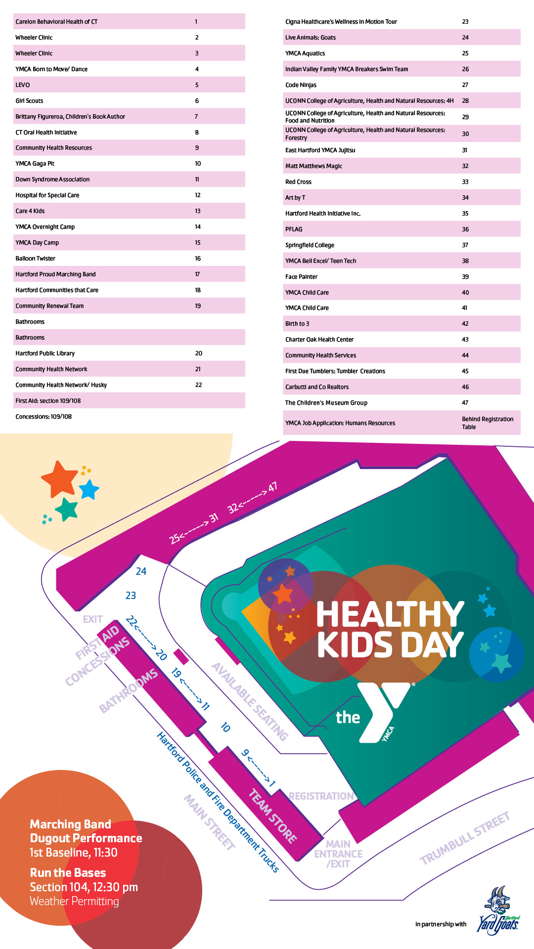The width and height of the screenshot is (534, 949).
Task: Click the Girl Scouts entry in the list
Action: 29,101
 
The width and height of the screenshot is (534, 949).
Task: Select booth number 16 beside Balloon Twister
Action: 198,259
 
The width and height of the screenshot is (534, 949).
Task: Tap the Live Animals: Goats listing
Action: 311,38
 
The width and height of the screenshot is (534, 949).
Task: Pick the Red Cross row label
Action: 298,182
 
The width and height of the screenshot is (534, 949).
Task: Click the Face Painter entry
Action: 301,277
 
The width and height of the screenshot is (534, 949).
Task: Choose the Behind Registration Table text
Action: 487,423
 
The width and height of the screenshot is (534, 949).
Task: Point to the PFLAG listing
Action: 294,229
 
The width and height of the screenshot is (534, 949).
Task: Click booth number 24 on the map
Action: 141,571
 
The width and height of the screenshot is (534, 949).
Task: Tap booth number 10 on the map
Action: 225,727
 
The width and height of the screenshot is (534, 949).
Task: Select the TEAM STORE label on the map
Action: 272,816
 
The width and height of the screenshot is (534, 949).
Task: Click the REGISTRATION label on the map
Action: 321,796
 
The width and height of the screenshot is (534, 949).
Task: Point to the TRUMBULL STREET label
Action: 465,838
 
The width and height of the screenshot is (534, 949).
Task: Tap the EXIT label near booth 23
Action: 92,619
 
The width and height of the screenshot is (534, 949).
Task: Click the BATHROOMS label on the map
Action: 129,691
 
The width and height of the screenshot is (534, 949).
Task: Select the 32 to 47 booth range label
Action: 252,498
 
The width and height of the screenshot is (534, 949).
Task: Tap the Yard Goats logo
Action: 498,912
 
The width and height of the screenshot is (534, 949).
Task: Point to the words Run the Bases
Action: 68,873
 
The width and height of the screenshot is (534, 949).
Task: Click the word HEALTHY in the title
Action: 390,614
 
